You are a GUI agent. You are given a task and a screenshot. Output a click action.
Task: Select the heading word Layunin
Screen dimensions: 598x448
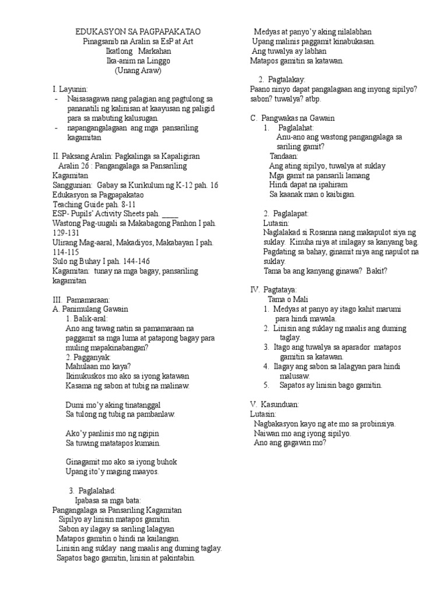click(73, 89)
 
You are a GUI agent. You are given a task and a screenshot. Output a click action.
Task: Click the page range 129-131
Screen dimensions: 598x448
click(66, 232)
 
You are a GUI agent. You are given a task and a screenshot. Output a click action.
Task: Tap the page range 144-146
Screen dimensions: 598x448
click(138, 261)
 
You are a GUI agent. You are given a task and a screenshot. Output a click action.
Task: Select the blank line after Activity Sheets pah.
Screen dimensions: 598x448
click(170, 214)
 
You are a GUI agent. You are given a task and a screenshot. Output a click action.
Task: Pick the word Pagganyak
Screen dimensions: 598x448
click(93, 357)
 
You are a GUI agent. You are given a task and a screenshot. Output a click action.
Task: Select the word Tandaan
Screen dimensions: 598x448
click(284, 157)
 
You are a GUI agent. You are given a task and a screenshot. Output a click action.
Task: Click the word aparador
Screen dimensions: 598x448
click(348, 347)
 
